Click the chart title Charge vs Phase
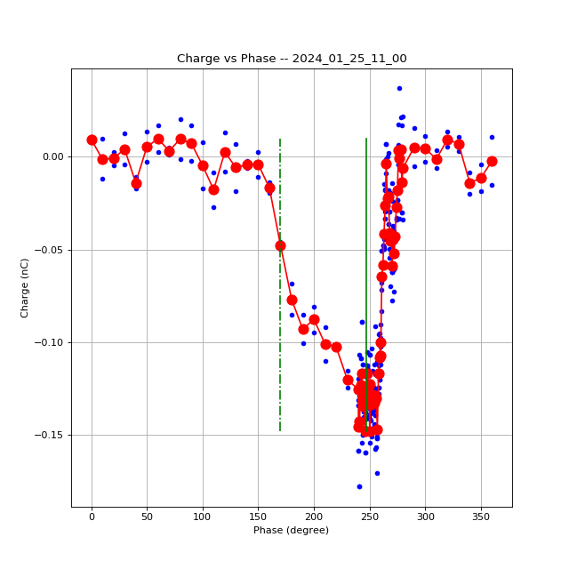[292, 59]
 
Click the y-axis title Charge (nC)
[25, 287]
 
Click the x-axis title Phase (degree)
[291, 530]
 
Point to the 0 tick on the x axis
[92, 516]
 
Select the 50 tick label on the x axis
[147, 516]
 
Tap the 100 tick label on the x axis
[203, 516]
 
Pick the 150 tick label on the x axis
[258, 516]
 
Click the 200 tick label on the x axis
[314, 516]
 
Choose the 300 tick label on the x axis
[425, 516]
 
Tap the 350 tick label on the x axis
[480, 516]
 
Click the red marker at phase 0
[92, 140]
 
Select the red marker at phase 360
[492, 161]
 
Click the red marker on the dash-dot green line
[280, 245]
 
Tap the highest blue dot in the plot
[399, 88]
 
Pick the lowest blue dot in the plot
[359, 486]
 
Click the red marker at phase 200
[314, 319]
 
